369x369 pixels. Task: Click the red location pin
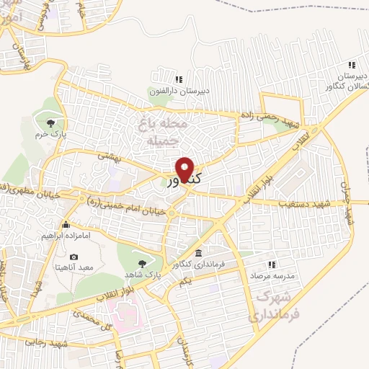(x=186, y=169)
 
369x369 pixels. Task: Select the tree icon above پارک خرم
(x=50, y=121)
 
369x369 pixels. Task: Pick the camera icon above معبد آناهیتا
(x=74, y=257)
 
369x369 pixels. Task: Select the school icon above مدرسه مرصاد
(x=272, y=264)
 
